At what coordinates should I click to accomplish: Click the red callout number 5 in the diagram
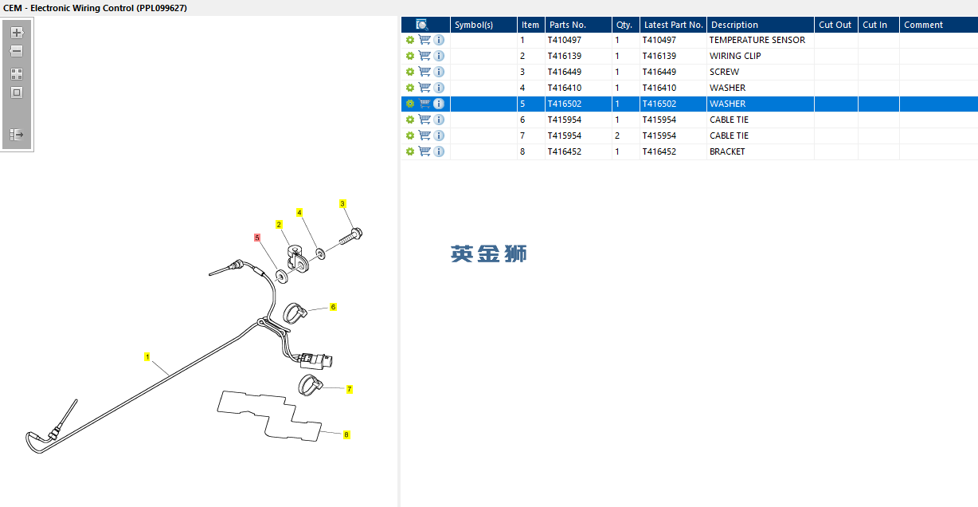click(257, 238)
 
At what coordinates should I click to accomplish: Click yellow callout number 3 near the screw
click(342, 203)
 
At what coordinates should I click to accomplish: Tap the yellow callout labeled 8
click(346, 435)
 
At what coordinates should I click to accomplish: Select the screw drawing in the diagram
click(351, 237)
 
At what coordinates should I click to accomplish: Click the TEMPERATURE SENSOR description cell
click(757, 40)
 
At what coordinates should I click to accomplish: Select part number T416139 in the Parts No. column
click(564, 56)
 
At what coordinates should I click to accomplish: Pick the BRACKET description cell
click(727, 151)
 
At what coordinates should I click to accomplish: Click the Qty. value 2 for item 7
click(617, 136)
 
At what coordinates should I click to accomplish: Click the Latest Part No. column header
click(673, 25)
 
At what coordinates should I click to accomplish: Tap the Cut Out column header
click(835, 25)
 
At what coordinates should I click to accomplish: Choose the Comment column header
click(923, 25)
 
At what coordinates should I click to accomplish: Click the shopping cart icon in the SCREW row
click(424, 72)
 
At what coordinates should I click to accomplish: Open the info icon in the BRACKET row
click(439, 151)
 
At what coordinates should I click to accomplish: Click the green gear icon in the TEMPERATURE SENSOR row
click(410, 40)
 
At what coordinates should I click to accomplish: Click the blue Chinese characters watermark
click(488, 254)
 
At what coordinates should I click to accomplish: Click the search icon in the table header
click(422, 25)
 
